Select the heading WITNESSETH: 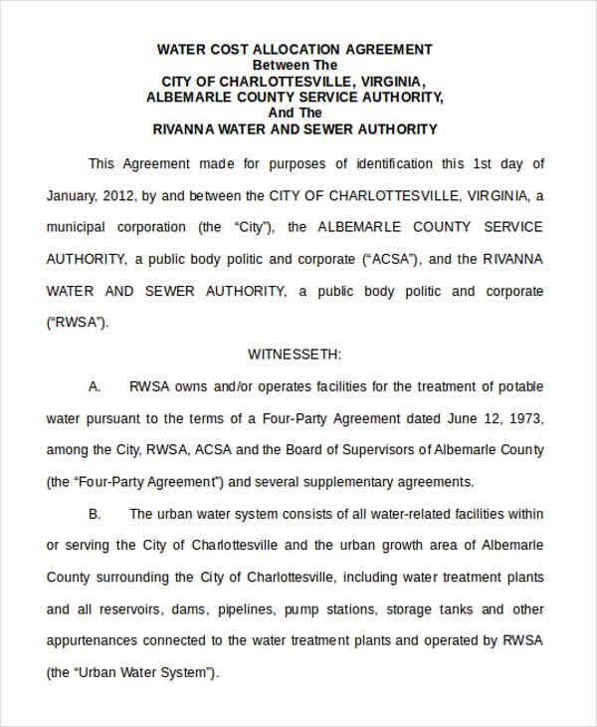(x=295, y=354)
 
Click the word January (x=73, y=195)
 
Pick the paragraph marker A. (x=95, y=385)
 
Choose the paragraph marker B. (x=95, y=514)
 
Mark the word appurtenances (x=96, y=640)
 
